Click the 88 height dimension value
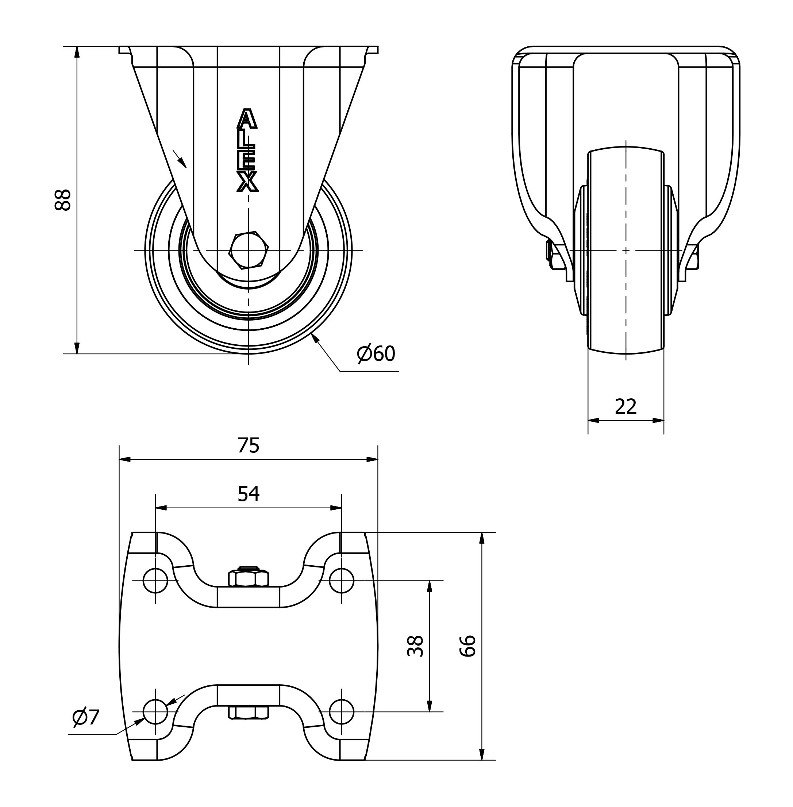pyautogui.click(x=63, y=200)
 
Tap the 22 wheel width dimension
pyautogui.click(x=625, y=406)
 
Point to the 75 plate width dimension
pyautogui.click(x=249, y=445)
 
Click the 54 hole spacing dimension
pyautogui.click(x=249, y=494)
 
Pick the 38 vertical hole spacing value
pyautogui.click(x=415, y=646)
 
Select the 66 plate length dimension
pyautogui.click(x=468, y=646)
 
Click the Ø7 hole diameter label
pyautogui.click(x=86, y=717)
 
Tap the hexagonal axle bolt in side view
pyautogui.click(x=249, y=250)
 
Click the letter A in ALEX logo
pyautogui.click(x=247, y=119)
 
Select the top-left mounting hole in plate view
pyautogui.click(x=155, y=580)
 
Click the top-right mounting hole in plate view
pyautogui.click(x=342, y=580)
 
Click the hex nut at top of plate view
pyautogui.click(x=249, y=577)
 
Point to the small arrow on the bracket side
pyautogui.click(x=180, y=159)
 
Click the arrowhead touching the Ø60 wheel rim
pyautogui.click(x=315, y=338)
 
